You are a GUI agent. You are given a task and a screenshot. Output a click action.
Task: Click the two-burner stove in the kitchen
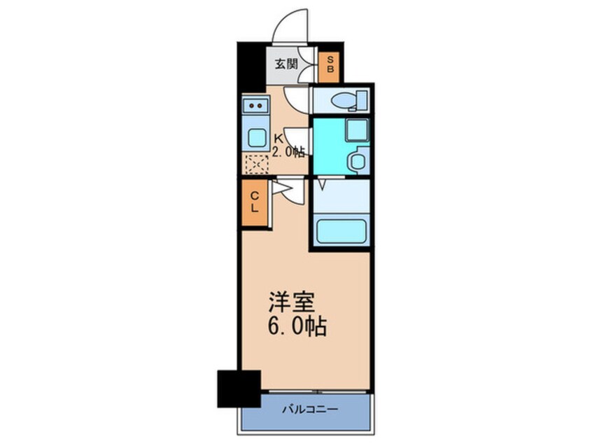[255, 106]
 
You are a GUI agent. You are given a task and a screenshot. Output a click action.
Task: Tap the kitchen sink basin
[255, 137]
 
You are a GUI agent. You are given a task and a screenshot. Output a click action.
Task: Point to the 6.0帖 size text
[298, 326]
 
